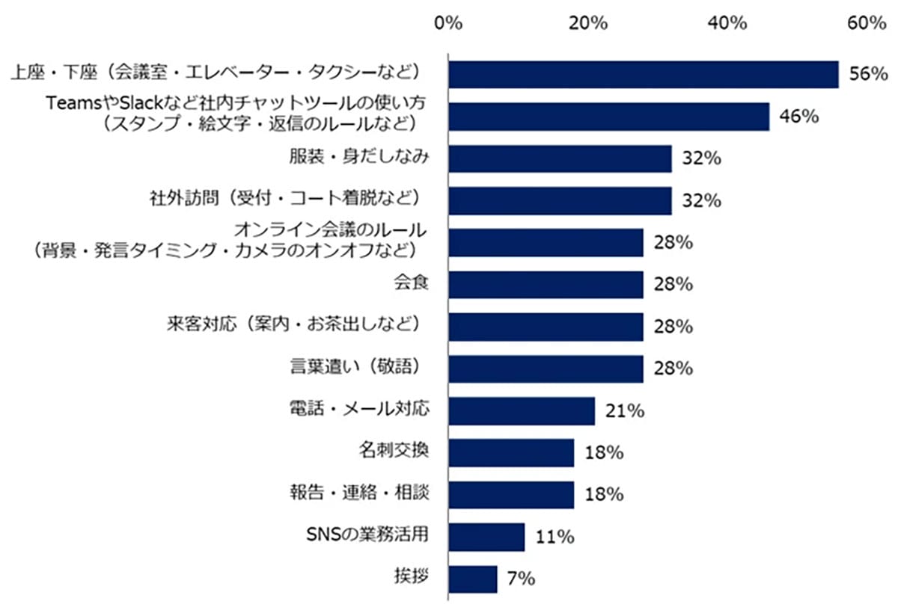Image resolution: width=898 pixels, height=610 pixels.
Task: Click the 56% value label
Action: coord(868,74)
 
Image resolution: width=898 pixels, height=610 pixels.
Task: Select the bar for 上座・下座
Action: coord(643,74)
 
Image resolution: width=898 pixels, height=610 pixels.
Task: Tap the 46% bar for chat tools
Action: coord(608,117)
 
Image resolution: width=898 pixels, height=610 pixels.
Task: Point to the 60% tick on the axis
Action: coord(867,23)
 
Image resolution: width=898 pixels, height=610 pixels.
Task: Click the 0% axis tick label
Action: coord(448,23)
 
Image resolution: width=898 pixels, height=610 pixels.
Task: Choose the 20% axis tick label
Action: coord(587,23)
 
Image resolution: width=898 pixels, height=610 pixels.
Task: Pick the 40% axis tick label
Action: coord(727,23)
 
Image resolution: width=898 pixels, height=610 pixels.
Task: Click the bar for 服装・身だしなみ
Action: coord(560,158)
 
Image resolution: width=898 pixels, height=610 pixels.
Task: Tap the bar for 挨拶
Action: coord(472,579)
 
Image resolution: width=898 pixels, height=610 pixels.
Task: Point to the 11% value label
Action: coord(555,536)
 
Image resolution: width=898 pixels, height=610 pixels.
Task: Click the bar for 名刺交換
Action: coord(511,452)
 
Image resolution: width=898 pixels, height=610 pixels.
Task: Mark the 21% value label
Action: coord(625,410)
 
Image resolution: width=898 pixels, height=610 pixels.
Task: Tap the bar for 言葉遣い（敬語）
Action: coord(546,368)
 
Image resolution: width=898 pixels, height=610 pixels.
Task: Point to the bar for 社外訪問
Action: coord(560,200)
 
